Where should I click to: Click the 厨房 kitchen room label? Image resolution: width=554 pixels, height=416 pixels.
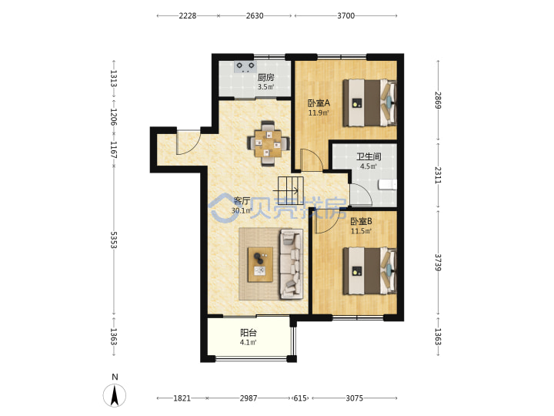click(x=265, y=78)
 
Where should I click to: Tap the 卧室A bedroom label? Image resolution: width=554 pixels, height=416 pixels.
click(x=319, y=103)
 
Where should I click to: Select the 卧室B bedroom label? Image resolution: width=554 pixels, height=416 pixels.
click(x=361, y=221)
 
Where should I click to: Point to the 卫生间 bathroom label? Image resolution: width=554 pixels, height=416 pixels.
click(x=369, y=156)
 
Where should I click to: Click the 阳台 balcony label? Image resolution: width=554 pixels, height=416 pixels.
click(x=249, y=333)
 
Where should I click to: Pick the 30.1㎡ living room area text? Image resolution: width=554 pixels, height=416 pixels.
click(x=242, y=211)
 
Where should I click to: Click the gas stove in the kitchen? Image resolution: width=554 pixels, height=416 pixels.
click(x=245, y=67)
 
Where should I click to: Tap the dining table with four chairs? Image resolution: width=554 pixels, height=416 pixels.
click(x=269, y=143)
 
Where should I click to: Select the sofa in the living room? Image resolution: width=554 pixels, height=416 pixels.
click(x=292, y=264)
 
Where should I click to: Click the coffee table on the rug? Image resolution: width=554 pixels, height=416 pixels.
click(x=260, y=264)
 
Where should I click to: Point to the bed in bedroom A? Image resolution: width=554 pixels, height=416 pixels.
click(x=369, y=102)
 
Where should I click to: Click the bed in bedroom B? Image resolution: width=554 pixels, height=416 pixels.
click(x=369, y=270)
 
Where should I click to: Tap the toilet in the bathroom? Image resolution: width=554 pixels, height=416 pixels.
click(x=388, y=185)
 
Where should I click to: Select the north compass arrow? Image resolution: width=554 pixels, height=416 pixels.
click(x=115, y=394)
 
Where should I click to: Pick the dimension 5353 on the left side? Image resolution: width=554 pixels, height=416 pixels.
click(x=114, y=240)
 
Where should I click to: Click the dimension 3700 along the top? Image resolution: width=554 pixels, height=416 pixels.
click(x=346, y=15)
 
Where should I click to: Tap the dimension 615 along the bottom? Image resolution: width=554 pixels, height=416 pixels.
click(x=300, y=398)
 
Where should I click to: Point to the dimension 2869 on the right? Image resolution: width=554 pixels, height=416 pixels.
click(x=438, y=100)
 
